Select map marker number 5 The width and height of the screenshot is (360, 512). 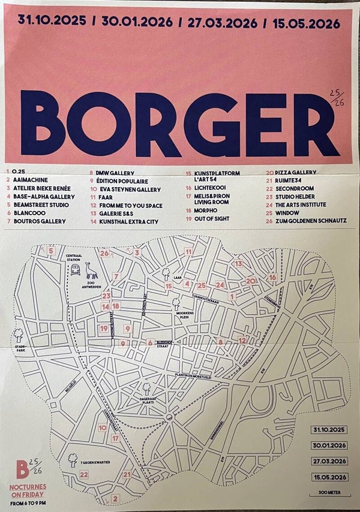point(52,251)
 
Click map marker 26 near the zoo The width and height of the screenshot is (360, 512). point(104,254)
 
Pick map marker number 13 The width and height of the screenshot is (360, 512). point(238,263)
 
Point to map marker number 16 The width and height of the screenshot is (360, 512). point(272,277)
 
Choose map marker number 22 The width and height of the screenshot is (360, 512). point(84,475)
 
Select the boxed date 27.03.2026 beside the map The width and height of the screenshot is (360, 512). point(329,461)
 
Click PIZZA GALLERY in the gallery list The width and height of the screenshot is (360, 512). point(296,171)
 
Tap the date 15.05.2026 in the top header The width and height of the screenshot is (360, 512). point(305,23)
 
